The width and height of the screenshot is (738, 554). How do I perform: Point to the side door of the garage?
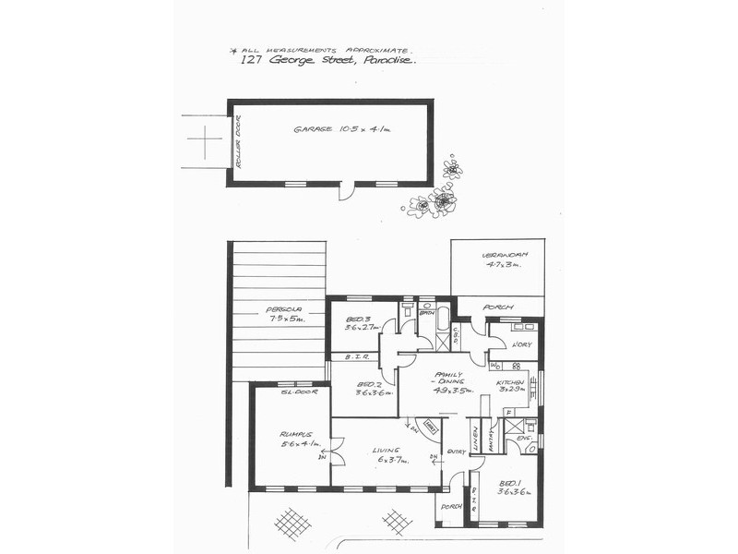345,191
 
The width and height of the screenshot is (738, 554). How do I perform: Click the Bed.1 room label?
510,488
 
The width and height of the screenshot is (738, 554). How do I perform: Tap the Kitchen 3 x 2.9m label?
511,386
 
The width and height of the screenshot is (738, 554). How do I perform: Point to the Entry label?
457,452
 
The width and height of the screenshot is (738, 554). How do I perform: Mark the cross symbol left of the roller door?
205,141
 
